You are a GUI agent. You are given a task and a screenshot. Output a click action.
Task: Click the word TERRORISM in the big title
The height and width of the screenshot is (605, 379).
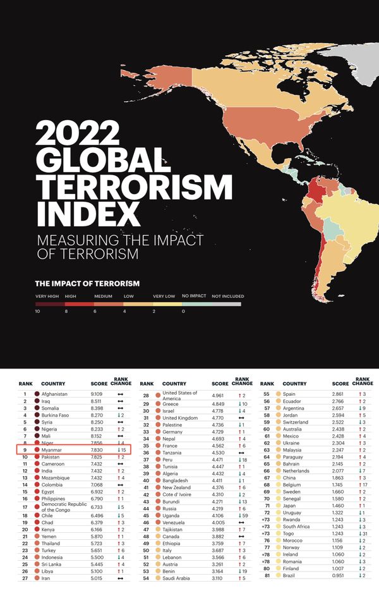134,187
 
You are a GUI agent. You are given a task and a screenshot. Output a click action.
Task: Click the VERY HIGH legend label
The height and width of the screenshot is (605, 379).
47,296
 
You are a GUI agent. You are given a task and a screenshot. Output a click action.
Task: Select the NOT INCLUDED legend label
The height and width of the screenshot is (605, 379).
227,296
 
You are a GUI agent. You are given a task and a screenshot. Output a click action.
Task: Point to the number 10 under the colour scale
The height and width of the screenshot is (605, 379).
38,311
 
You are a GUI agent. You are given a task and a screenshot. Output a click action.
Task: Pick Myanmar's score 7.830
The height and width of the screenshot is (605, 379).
98,449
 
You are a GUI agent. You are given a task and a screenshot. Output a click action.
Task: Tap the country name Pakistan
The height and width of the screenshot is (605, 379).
51,456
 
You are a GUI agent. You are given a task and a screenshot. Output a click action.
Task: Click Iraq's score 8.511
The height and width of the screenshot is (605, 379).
98,401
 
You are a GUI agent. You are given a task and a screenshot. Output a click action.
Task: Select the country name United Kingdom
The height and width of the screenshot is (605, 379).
180,418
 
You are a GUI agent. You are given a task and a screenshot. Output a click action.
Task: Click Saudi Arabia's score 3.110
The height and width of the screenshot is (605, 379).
219,578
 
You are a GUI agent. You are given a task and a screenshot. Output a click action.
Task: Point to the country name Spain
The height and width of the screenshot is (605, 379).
289,394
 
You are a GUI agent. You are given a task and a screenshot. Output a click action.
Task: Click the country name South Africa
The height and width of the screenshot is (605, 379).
296,526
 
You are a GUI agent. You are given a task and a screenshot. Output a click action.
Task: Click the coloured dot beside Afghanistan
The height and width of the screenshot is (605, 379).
37,394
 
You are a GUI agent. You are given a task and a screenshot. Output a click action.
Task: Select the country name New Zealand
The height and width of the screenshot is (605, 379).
177,487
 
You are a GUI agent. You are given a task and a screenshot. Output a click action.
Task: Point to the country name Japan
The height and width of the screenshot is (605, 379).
289,506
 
